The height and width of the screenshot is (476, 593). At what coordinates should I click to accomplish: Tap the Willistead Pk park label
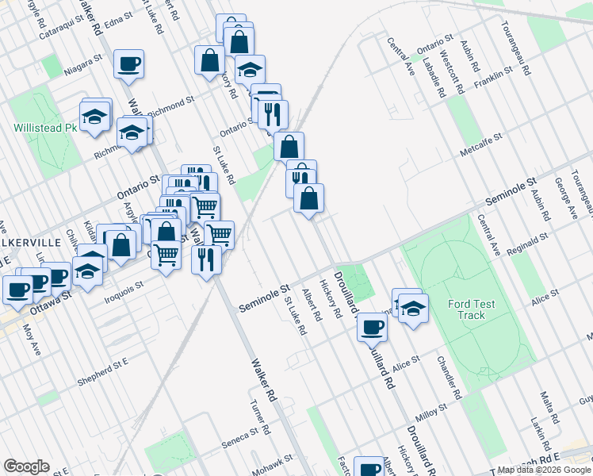pyautogui.click(x=45, y=127)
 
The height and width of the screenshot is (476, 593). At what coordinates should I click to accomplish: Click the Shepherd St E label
pyautogui.click(x=103, y=373)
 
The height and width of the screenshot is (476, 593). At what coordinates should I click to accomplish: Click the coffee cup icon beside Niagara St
pyautogui.click(x=128, y=64)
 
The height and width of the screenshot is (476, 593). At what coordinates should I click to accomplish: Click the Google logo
pyautogui.click(x=26, y=466)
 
